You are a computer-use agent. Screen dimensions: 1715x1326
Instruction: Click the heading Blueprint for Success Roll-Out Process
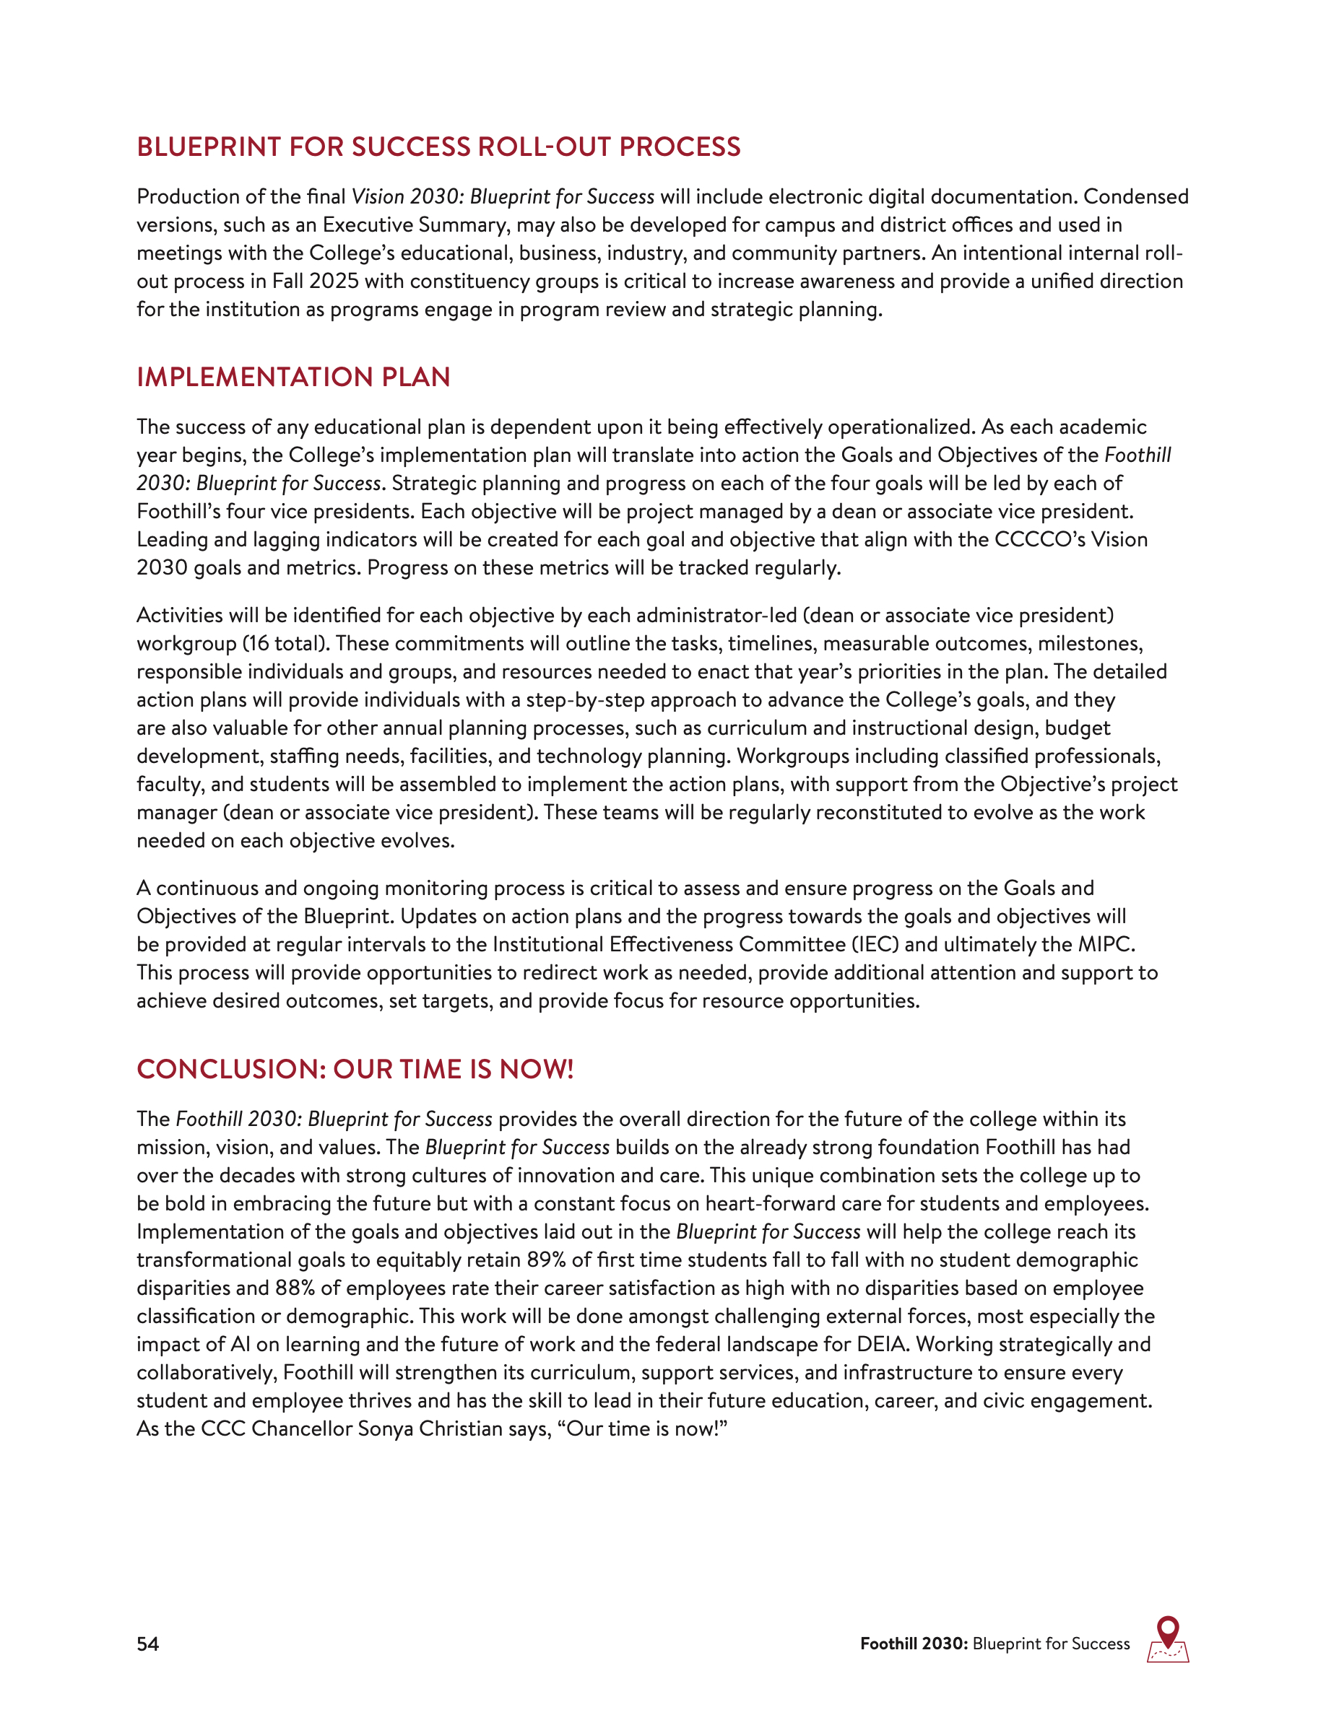tap(438, 147)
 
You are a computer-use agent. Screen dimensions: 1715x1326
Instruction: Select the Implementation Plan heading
tap(293, 377)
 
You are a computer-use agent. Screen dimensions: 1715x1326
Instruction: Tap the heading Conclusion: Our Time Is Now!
tap(355, 1069)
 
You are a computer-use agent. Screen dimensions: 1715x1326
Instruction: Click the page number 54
tap(147, 1644)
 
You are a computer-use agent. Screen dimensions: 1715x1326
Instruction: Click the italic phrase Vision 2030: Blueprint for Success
tap(503, 196)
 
